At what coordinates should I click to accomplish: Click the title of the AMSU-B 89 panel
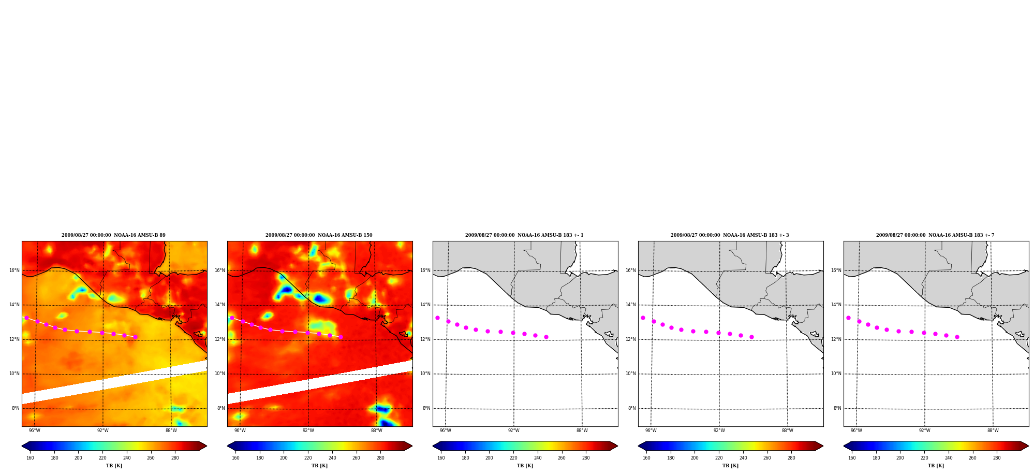[113, 235]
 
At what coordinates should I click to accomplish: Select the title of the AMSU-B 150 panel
[319, 235]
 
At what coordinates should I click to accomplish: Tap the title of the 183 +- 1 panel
[524, 235]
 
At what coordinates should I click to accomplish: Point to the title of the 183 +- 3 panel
[730, 235]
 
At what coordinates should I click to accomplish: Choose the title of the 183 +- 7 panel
[935, 235]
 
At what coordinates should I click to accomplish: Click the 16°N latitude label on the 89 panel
[14, 270]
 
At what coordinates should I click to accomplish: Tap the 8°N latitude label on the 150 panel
[221, 408]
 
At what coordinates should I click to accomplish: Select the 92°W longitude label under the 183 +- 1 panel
[514, 431]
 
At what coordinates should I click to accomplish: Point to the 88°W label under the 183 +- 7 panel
[993, 431]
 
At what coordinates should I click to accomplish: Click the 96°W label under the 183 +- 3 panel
[651, 431]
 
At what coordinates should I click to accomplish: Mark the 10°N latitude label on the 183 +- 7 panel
[836, 374]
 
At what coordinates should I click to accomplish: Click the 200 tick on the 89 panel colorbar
[78, 458]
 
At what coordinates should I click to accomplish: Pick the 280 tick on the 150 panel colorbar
[380, 458]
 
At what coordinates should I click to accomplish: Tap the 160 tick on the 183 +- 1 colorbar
[441, 458]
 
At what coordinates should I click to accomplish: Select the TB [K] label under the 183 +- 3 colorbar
[730, 466]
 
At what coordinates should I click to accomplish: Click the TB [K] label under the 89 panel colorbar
[114, 466]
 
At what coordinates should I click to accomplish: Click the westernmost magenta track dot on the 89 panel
[26, 318]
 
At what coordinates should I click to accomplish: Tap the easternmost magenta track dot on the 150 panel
[341, 337]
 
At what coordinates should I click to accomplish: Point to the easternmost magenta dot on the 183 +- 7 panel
[957, 337]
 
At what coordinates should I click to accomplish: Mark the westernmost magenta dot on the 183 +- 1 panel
[437, 318]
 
